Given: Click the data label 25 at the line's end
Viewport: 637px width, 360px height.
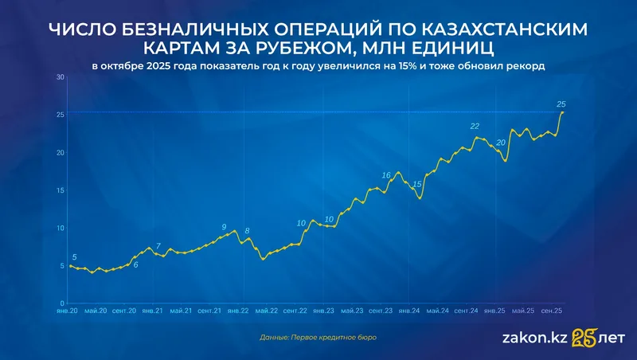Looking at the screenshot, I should (x=561, y=104).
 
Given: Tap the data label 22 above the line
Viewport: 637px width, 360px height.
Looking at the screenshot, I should (x=475, y=127).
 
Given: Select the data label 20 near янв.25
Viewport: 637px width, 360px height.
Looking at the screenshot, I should (x=500, y=143).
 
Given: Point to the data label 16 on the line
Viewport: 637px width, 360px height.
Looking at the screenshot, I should (x=386, y=175).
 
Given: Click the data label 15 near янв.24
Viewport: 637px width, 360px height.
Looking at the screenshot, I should (x=416, y=185).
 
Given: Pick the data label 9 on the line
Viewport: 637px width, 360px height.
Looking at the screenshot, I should (x=224, y=227).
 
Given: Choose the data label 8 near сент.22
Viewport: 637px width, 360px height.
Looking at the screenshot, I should (x=248, y=231).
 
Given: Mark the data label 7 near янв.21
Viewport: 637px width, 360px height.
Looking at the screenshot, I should (x=158, y=246).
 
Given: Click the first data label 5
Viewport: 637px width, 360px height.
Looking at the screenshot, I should (x=75, y=256).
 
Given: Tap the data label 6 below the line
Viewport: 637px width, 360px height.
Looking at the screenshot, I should (x=135, y=264).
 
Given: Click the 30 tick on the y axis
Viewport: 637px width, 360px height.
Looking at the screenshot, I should (x=60, y=77).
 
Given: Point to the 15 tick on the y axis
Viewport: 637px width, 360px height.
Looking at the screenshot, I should (x=60, y=190).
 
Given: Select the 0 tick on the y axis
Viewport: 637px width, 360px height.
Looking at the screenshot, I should (x=62, y=303).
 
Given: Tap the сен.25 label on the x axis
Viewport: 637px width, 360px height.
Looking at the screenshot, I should (x=553, y=311).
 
